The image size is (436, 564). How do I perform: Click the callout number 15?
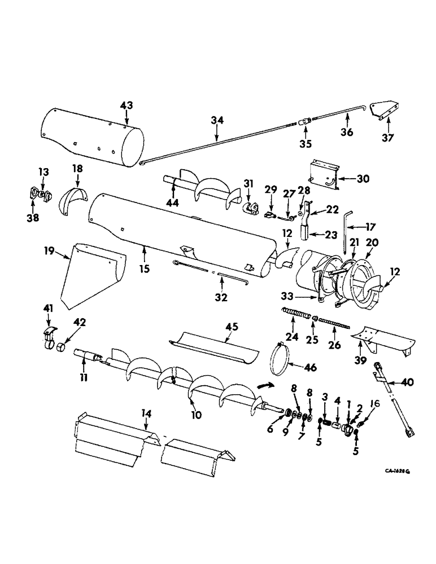point(145,269)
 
